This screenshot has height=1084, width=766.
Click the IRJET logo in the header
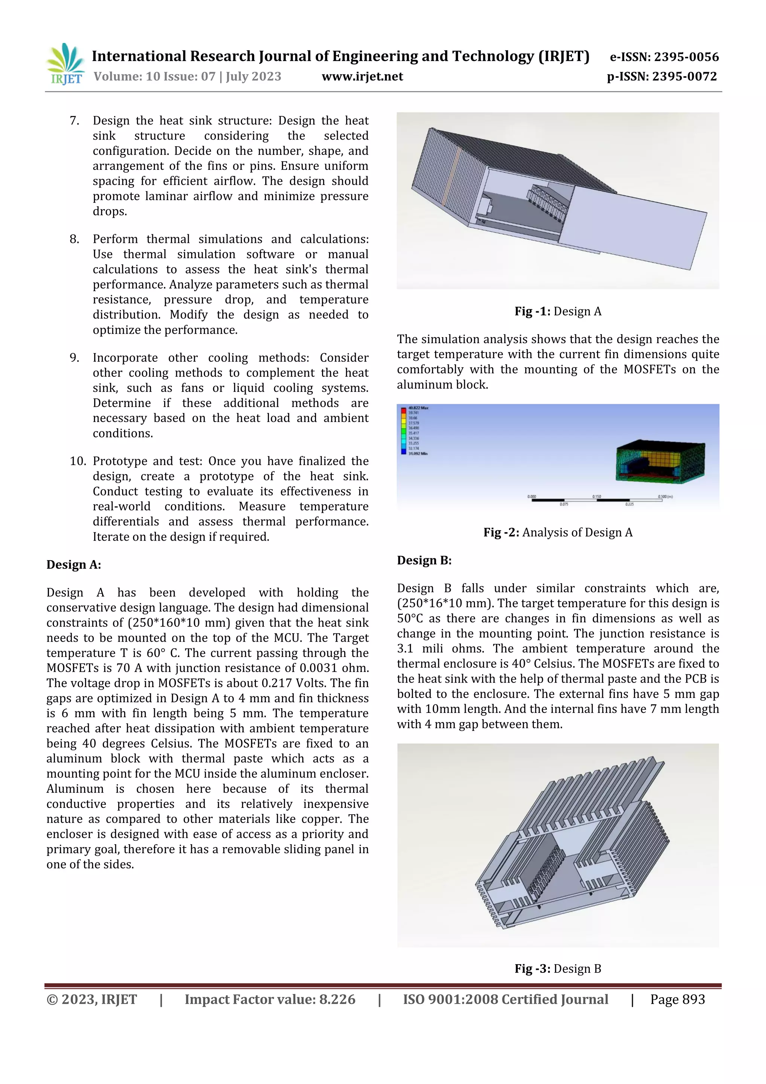(x=65, y=65)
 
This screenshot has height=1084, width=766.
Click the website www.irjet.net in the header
(x=362, y=76)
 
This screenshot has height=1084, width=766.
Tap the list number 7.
(x=74, y=121)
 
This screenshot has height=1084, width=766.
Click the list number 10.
(x=77, y=461)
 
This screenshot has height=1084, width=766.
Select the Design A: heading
(x=74, y=565)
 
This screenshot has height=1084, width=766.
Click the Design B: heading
(x=424, y=561)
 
